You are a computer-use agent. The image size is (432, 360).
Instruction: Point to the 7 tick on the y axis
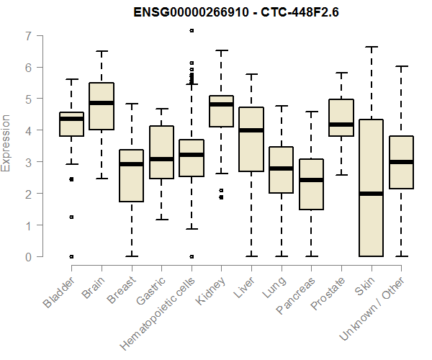click(27, 36)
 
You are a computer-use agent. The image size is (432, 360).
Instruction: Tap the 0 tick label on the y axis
click(27, 257)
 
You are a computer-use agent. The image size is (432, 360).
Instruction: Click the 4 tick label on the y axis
click(27, 131)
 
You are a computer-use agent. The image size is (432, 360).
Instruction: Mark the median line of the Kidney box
click(221, 104)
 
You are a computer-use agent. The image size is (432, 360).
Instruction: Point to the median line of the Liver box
click(251, 130)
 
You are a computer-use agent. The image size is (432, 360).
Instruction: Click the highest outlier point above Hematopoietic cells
click(192, 31)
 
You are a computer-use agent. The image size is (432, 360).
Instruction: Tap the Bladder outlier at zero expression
click(71, 256)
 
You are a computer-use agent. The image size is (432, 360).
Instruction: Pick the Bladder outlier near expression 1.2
click(71, 217)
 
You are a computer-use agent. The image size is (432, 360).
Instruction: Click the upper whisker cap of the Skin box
click(371, 48)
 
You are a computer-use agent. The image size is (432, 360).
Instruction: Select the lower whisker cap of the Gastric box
click(161, 220)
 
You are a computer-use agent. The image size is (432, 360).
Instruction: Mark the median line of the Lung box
click(281, 168)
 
